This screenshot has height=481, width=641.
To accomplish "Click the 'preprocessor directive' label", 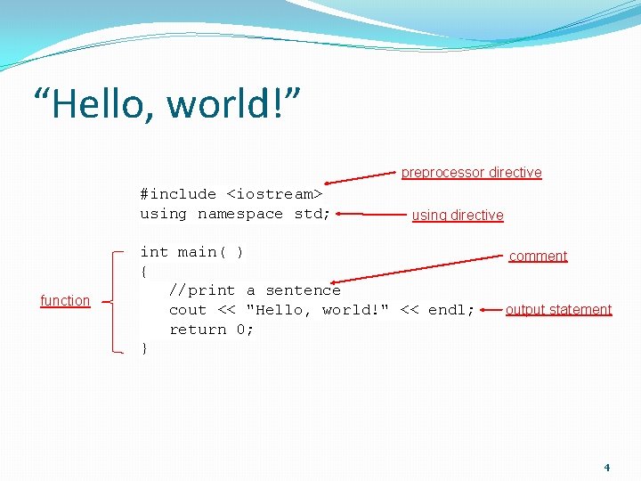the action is coord(471,173).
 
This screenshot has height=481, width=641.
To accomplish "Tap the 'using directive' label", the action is coord(458,216).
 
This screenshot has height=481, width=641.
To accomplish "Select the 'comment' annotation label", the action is coord(538,257).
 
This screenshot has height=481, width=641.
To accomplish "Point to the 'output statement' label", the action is coord(558,310).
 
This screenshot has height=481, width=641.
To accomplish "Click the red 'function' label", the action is coord(65,301).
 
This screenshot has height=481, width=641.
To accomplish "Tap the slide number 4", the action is coord(607,468).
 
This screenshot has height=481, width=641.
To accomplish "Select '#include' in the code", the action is coord(178,194).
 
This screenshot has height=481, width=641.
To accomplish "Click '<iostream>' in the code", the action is coord(274,194).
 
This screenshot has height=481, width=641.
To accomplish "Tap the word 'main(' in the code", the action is coord(201,252).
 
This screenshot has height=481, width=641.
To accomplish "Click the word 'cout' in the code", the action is coord(188,310).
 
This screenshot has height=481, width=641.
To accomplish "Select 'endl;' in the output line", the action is coord(451,310).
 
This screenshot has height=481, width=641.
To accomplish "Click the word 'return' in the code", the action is coord(198,330).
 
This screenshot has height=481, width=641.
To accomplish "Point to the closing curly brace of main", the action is coord(144,349).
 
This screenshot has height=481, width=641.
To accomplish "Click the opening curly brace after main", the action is coord(144,272).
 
